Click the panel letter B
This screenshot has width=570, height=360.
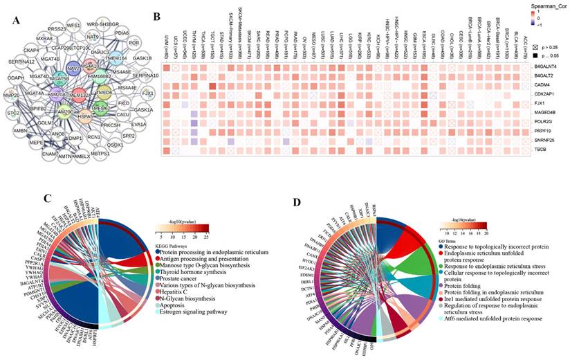click(x=156, y=15)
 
